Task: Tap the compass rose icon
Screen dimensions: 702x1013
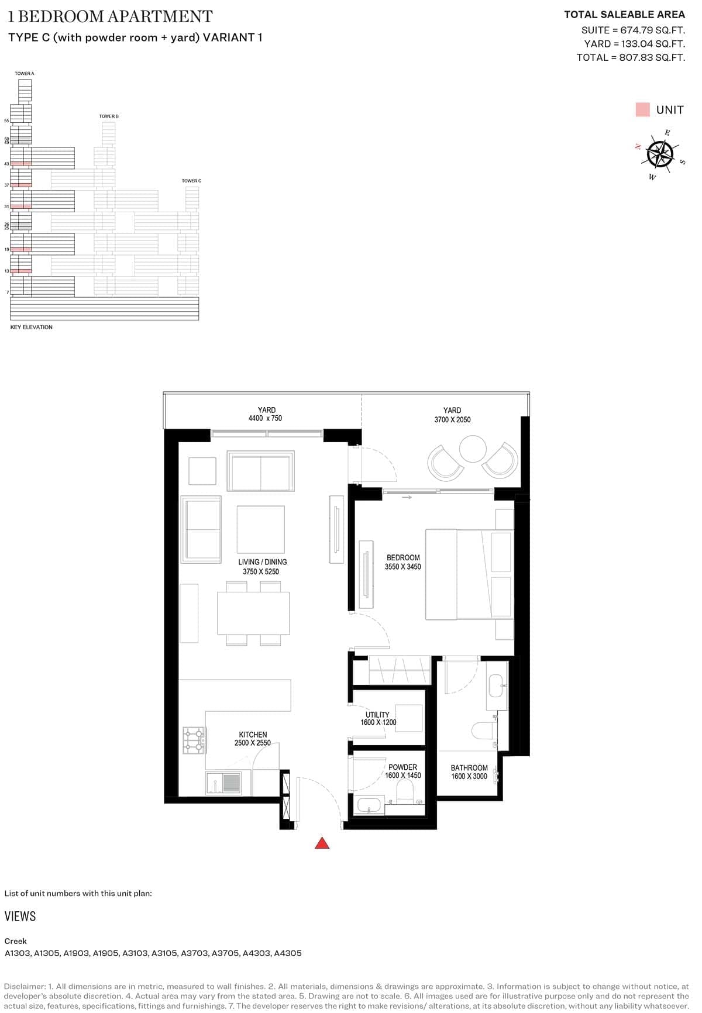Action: [660, 154]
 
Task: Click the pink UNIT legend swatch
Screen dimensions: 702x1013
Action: [642, 109]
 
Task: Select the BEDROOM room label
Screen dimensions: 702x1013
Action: [403, 557]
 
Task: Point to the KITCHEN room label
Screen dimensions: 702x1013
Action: [253, 735]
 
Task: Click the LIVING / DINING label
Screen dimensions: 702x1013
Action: [262, 562]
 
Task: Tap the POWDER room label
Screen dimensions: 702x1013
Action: [402, 767]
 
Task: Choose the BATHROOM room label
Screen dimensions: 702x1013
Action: [469, 767]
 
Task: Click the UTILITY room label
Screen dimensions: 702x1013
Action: [377, 715]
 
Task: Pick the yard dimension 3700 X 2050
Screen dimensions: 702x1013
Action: [452, 419]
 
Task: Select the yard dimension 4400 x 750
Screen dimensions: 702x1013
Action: [265, 418]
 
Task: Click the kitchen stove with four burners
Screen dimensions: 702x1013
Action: [194, 740]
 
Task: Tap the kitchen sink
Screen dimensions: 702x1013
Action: [223, 783]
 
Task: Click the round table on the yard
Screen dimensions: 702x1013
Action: [473, 449]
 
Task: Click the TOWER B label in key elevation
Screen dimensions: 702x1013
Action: [109, 116]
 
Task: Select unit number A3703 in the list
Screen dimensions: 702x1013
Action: [194, 953]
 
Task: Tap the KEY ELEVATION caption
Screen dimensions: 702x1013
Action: [32, 327]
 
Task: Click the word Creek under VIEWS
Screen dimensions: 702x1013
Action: [15, 940]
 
